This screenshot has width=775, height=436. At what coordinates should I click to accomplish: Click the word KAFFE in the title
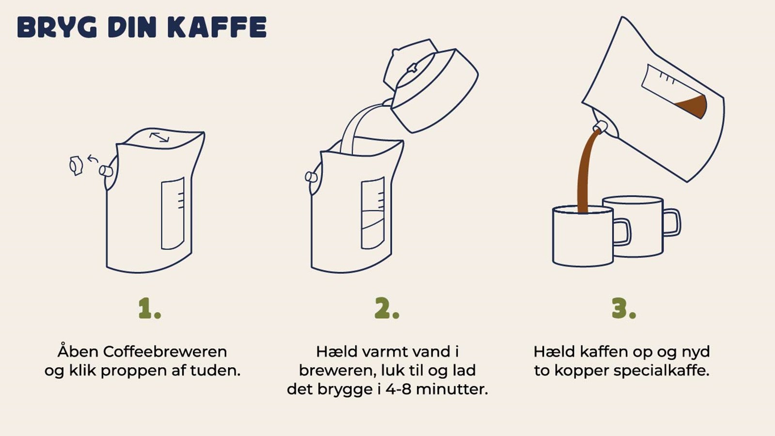[x=217, y=28]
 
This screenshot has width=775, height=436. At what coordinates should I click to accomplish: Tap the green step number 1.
[x=149, y=309]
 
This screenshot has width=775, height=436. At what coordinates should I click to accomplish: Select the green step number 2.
[x=387, y=309]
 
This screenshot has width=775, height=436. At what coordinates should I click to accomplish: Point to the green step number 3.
[x=623, y=309]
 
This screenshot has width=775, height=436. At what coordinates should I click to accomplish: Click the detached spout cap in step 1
[x=76, y=166]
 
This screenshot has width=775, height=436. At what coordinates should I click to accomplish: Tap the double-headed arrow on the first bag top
[x=159, y=138]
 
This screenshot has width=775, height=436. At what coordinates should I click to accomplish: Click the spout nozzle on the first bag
[x=106, y=171]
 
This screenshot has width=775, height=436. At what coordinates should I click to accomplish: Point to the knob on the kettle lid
[x=412, y=68]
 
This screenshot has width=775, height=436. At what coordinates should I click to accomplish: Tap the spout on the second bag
[x=311, y=177]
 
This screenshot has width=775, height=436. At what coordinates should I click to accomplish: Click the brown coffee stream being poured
[x=585, y=170]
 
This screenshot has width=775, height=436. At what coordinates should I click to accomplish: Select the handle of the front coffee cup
[x=622, y=232]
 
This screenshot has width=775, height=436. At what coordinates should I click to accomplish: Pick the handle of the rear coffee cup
[x=672, y=222]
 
